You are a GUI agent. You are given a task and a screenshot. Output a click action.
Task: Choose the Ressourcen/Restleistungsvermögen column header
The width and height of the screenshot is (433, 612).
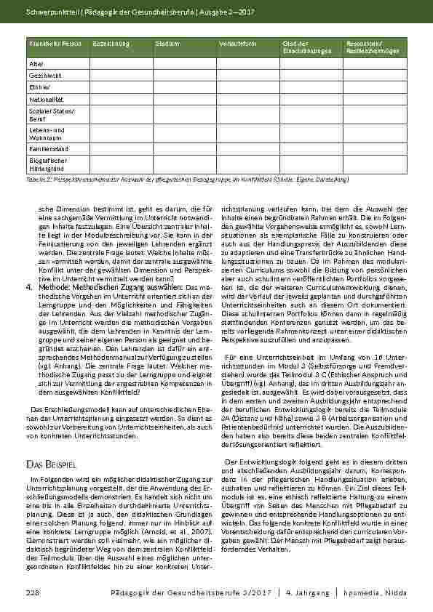[371, 47]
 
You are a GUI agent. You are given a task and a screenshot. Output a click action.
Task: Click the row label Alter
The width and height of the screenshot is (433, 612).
[36, 64]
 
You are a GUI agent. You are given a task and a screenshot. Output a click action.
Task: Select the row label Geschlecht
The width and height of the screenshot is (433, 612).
[41, 76]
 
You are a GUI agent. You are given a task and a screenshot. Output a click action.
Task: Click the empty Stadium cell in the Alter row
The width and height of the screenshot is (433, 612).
[184, 64]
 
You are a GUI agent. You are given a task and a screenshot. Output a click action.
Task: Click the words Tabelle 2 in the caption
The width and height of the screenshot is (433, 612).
[36, 178]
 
